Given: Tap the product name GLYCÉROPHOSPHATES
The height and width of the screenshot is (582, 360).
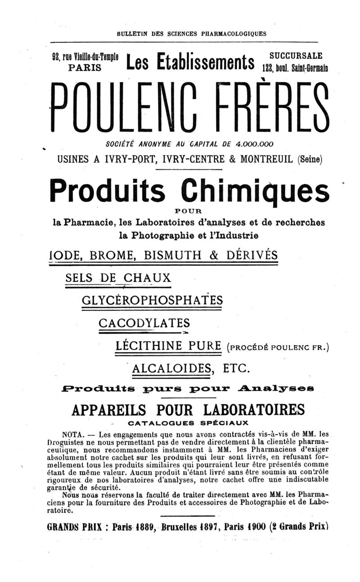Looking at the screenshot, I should coord(152,300).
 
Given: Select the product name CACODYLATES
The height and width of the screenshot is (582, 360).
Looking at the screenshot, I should coord(144,323).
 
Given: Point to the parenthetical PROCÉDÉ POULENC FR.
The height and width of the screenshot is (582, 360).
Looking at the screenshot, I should coord(279,347).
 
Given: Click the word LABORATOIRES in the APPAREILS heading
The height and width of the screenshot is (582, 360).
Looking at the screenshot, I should coord(254,410).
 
